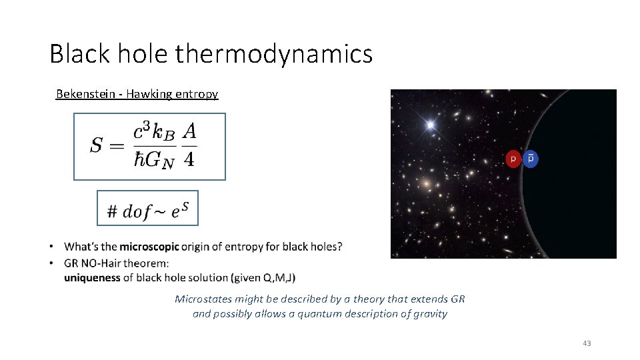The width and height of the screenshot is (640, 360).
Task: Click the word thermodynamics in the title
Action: click(x=274, y=54)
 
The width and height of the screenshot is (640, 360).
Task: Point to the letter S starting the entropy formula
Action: click(x=97, y=145)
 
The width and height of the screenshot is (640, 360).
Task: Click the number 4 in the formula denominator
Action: click(x=189, y=161)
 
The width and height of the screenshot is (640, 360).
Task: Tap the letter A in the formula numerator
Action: click(x=189, y=132)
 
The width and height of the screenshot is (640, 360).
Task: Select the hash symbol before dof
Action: click(x=112, y=212)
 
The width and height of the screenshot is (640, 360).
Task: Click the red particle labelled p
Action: click(x=513, y=159)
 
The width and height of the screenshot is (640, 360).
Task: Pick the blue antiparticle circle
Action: click(x=531, y=159)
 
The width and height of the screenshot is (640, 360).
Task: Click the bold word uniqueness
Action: click(x=93, y=277)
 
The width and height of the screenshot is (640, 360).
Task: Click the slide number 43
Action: click(x=587, y=343)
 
